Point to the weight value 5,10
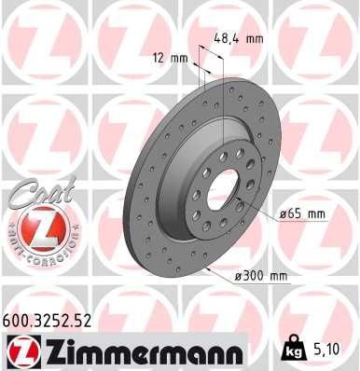click(x=325, y=350)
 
